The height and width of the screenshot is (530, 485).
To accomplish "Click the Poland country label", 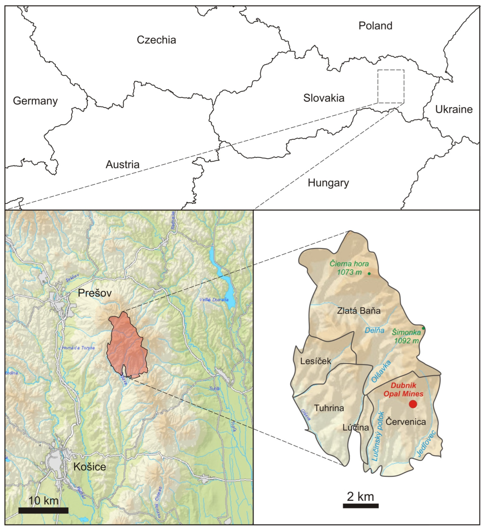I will [x=375, y=26].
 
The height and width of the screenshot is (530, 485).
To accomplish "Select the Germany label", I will [x=35, y=101].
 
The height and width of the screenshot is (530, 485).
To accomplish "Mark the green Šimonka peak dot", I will [x=423, y=328].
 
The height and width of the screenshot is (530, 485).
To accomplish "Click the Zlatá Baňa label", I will [x=359, y=311].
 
